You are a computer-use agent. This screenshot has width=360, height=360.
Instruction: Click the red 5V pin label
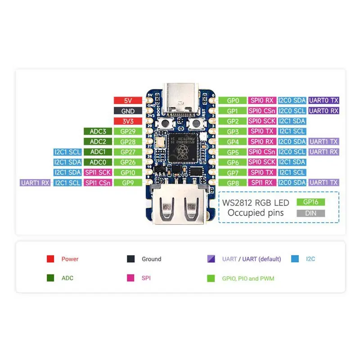[x=128, y=101]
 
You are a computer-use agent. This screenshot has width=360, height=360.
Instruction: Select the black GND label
[x=128, y=111]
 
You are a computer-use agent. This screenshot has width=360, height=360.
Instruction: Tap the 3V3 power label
[x=128, y=121]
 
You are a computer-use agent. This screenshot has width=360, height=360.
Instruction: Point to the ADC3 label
[x=98, y=131]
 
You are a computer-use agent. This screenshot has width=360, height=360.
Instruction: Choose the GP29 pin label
[x=128, y=131]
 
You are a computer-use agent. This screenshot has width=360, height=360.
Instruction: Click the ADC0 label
[x=98, y=162]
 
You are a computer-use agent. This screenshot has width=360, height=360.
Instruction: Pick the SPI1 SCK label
[x=98, y=172]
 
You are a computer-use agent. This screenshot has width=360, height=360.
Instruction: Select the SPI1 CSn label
[x=98, y=183]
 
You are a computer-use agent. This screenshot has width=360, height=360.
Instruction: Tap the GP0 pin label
[x=233, y=101]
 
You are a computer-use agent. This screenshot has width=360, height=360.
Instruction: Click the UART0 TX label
[x=324, y=101]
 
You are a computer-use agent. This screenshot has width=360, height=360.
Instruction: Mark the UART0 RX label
[x=324, y=111]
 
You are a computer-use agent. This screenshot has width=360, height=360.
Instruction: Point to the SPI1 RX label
[x=262, y=183]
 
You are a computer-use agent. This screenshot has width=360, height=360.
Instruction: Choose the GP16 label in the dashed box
[x=310, y=203]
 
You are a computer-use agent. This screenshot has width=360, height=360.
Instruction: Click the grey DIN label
[x=310, y=213]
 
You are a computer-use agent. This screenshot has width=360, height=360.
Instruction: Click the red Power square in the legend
[x=50, y=259]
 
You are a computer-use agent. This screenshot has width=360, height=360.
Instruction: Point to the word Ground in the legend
[x=151, y=259]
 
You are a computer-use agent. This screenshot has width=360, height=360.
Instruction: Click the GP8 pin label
[x=233, y=183]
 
